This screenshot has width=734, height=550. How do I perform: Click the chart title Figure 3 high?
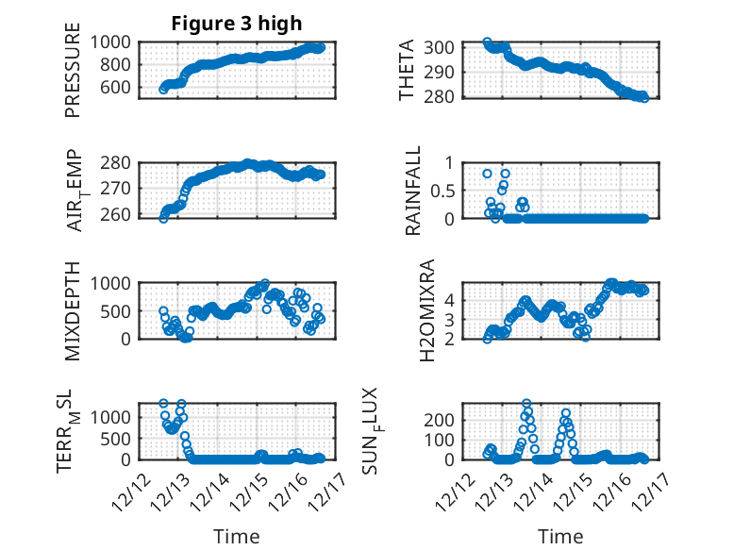pyautogui.click(x=236, y=24)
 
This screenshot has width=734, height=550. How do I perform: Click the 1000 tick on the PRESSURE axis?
pyautogui.click(x=114, y=42)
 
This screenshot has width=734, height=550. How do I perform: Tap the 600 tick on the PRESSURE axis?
pyautogui.click(x=120, y=88)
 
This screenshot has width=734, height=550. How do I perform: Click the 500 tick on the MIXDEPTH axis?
pyautogui.click(x=120, y=310)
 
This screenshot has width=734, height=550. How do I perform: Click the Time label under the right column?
pyautogui.click(x=561, y=536)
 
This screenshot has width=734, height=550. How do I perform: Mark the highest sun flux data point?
pyautogui.click(x=525, y=404)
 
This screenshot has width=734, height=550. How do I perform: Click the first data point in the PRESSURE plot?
pyautogui.click(x=163, y=89)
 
